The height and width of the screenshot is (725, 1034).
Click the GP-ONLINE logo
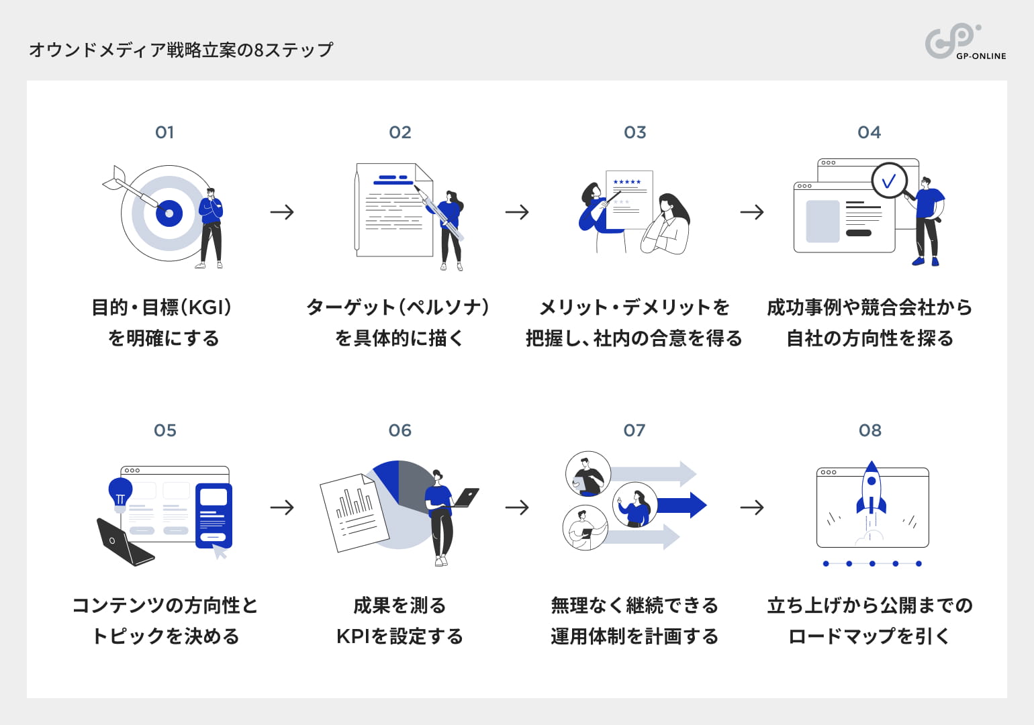coord(964,42)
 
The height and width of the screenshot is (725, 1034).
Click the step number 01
coord(164,132)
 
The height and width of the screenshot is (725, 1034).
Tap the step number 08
coord(869,430)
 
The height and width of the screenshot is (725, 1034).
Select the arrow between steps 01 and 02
coord(282,212)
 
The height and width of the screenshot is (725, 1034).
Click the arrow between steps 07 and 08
coord(752,507)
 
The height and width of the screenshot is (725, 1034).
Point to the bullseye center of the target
coord(169,213)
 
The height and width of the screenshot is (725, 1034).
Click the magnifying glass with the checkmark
coord(890,181)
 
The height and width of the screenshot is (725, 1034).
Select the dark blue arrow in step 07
coord(681,505)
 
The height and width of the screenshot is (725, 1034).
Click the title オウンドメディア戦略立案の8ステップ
coord(181,50)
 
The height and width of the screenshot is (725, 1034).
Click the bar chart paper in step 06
coord(353,514)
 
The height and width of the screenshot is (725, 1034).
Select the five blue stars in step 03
coord(627,182)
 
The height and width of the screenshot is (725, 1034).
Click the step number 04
coord(869,132)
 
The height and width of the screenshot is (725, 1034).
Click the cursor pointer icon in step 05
coord(220,552)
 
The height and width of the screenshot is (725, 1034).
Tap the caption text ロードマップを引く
coord(869,636)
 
